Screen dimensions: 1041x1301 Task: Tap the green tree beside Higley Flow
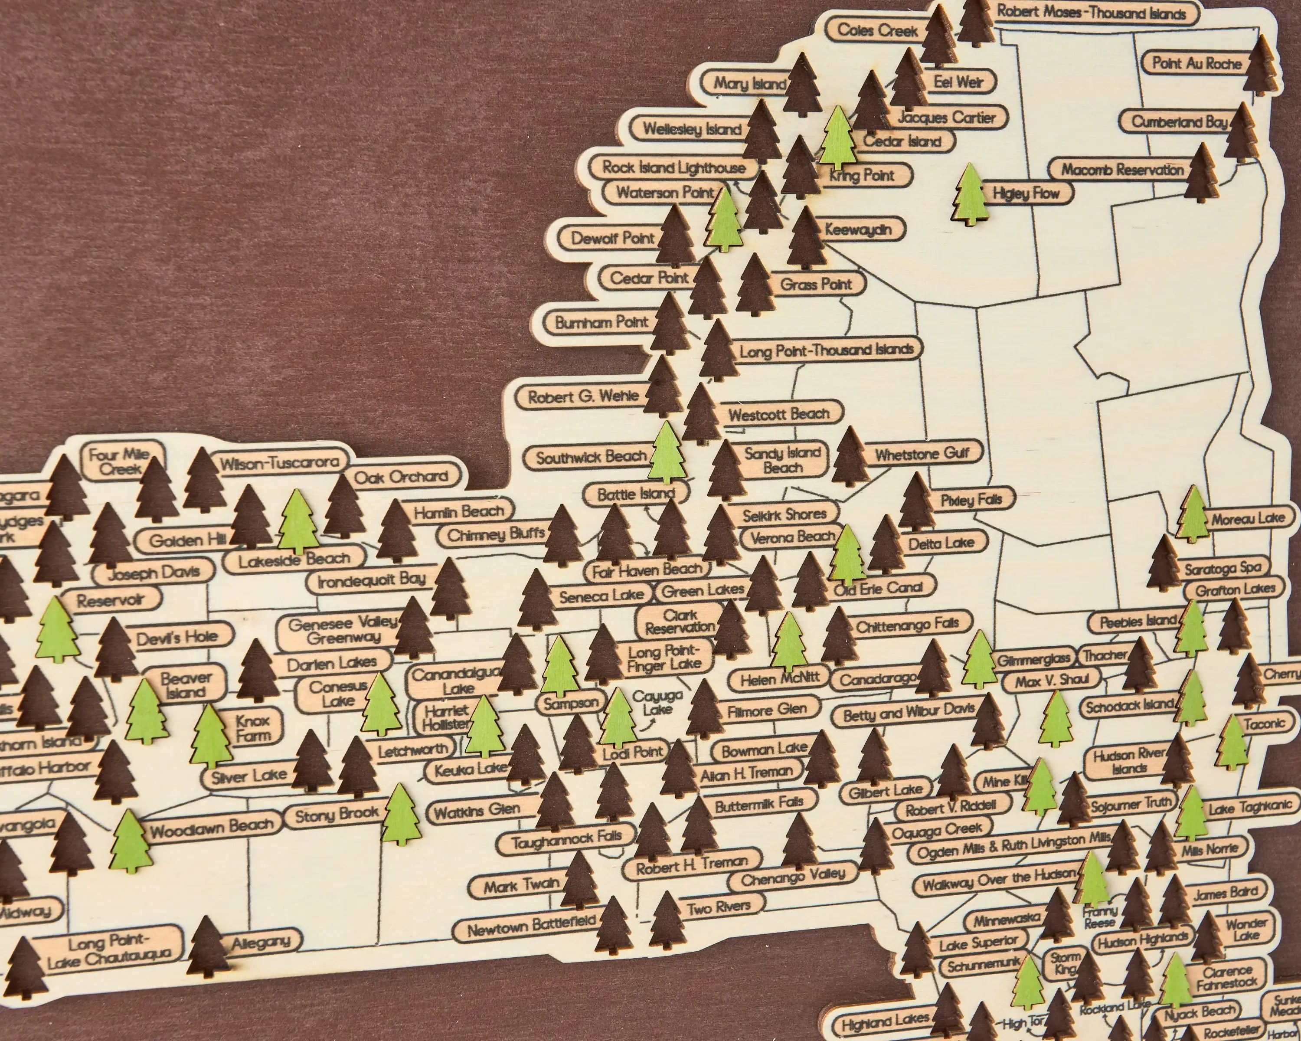point(970,194)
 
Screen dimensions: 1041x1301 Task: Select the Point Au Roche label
point(1196,63)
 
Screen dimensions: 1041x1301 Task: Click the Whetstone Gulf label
point(922,454)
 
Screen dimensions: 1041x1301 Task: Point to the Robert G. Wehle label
point(583,396)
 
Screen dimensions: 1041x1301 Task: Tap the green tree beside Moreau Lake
point(1193,514)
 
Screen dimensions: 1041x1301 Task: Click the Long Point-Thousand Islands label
point(826,350)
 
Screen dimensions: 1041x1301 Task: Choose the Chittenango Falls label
point(907,625)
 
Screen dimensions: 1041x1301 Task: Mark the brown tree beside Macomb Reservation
point(1201,173)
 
